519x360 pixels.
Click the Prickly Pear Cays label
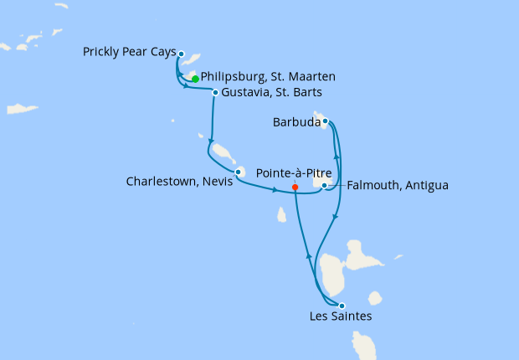(129, 52)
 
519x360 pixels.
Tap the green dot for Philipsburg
(195, 79)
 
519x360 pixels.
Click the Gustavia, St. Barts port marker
(216, 92)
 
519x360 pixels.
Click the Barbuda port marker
(325, 121)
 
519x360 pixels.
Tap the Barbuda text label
(296, 122)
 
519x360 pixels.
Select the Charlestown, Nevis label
(178, 180)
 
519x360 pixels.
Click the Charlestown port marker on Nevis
(239, 172)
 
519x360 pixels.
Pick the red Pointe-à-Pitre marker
(295, 188)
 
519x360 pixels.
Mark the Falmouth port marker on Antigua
(325, 185)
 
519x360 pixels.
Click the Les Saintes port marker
(342, 306)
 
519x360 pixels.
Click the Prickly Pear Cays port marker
(181, 53)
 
